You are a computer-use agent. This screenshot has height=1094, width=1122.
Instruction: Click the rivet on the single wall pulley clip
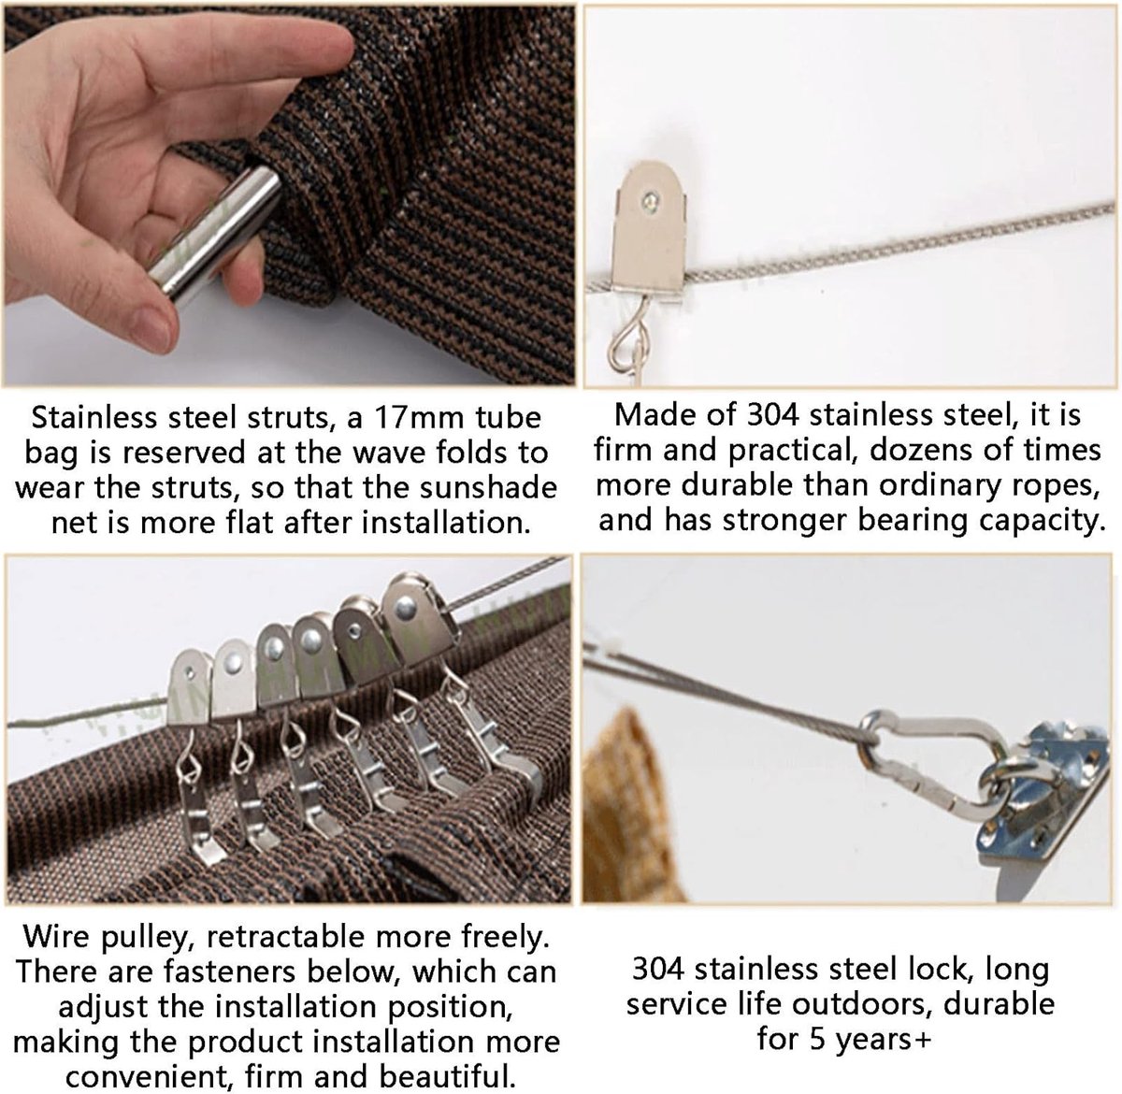pyautogui.click(x=652, y=199)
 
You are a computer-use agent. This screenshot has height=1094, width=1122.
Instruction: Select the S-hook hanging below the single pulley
pyautogui.click(x=626, y=345)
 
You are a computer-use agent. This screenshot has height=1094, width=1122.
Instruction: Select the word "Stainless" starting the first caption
pyautogui.click(x=95, y=418)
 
